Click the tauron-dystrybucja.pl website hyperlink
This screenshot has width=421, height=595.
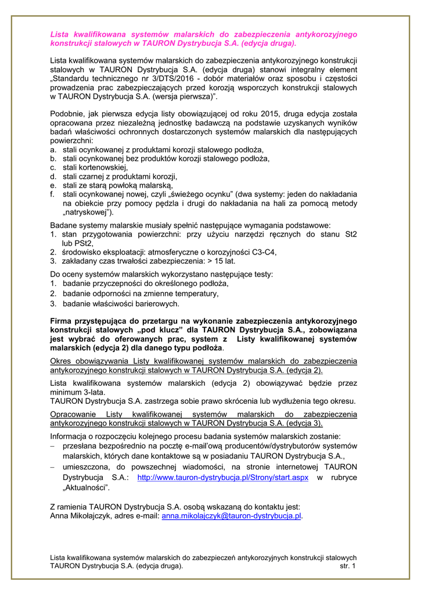(x=222, y=478)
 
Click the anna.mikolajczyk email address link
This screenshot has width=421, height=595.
(x=232, y=515)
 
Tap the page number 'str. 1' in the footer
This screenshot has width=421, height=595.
(x=348, y=565)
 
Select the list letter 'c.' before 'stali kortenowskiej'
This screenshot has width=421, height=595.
(x=53, y=167)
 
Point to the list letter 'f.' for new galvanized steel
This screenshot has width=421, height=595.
(x=53, y=194)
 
